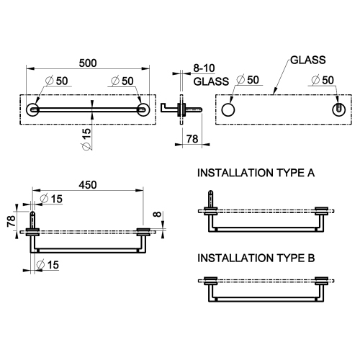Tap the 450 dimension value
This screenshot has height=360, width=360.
tap(86, 185)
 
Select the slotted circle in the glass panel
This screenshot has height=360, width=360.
tap(336, 109)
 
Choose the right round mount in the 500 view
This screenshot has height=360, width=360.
tap(144, 109)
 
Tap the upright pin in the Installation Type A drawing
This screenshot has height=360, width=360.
tap(211, 199)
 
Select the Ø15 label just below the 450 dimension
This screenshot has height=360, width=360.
tap(51, 198)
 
